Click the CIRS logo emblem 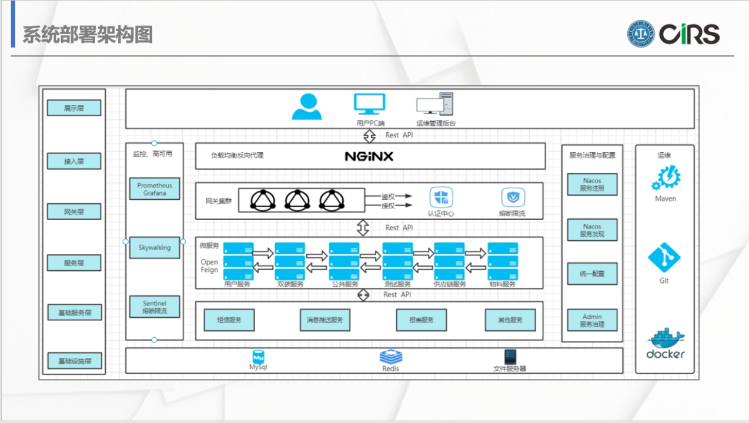click(x=640, y=34)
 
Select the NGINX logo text click(x=369, y=156)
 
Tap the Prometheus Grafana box click(x=155, y=189)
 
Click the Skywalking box click(x=155, y=247)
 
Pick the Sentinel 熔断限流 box click(x=155, y=307)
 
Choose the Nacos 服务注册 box click(x=592, y=184)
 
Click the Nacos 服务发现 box click(x=592, y=230)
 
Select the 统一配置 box click(x=592, y=274)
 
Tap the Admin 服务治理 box click(x=592, y=320)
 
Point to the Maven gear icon click(x=666, y=179)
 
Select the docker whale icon click(x=666, y=339)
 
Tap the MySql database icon click(x=259, y=356)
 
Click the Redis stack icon click(x=390, y=356)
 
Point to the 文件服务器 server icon click(x=510, y=357)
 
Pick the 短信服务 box click(x=229, y=320)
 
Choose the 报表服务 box click(x=422, y=320)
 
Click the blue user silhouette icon click(x=307, y=106)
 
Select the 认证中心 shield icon click(x=442, y=198)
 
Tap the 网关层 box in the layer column click(x=74, y=211)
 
